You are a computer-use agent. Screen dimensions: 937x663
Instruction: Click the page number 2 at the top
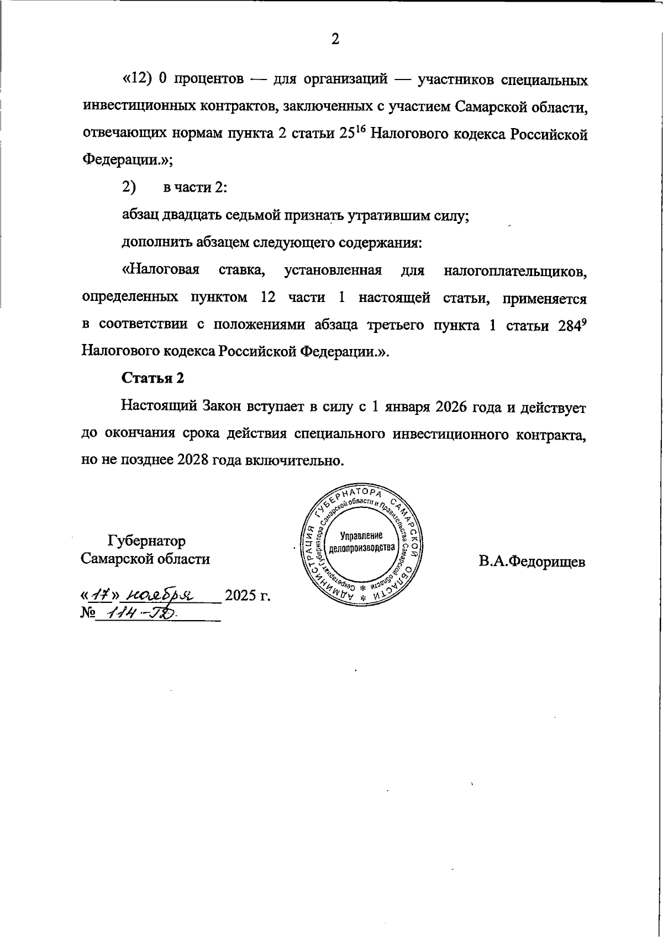click(x=334, y=39)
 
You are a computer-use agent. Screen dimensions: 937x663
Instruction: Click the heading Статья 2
click(x=152, y=378)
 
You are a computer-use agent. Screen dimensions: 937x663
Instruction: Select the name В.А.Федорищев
click(x=532, y=562)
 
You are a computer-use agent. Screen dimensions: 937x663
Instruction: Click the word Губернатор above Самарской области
click(x=147, y=541)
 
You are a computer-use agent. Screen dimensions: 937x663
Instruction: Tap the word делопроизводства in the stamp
click(x=362, y=548)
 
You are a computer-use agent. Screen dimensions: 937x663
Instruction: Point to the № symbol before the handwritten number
click(x=88, y=613)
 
